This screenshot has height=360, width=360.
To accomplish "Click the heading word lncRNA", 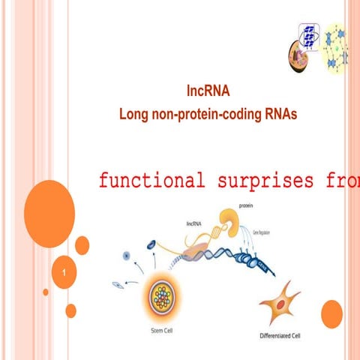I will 208,92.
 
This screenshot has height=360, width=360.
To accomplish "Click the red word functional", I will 151,181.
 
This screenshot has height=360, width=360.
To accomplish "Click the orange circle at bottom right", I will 331,314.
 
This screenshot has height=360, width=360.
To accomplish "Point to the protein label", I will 246,204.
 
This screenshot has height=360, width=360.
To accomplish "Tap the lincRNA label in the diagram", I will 194,223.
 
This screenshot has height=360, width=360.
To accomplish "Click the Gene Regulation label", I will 262,233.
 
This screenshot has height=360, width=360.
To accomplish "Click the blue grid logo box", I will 309,34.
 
